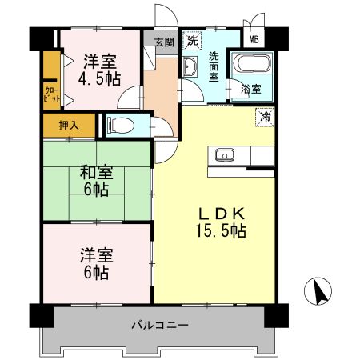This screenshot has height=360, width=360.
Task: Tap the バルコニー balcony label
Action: pos(160,326)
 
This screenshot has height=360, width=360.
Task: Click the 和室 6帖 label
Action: pos(95,181)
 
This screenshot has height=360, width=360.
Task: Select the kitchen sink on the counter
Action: pos(223,154)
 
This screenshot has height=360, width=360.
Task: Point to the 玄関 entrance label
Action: pos(163,42)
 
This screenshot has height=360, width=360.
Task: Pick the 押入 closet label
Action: pos(68,125)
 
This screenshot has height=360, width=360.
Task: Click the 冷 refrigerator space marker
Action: pos(264,117)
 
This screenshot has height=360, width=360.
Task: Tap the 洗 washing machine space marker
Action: pos(192,39)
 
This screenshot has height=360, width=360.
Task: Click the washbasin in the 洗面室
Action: pos(191,69)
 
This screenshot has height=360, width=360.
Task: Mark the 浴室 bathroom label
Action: pos(250,90)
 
